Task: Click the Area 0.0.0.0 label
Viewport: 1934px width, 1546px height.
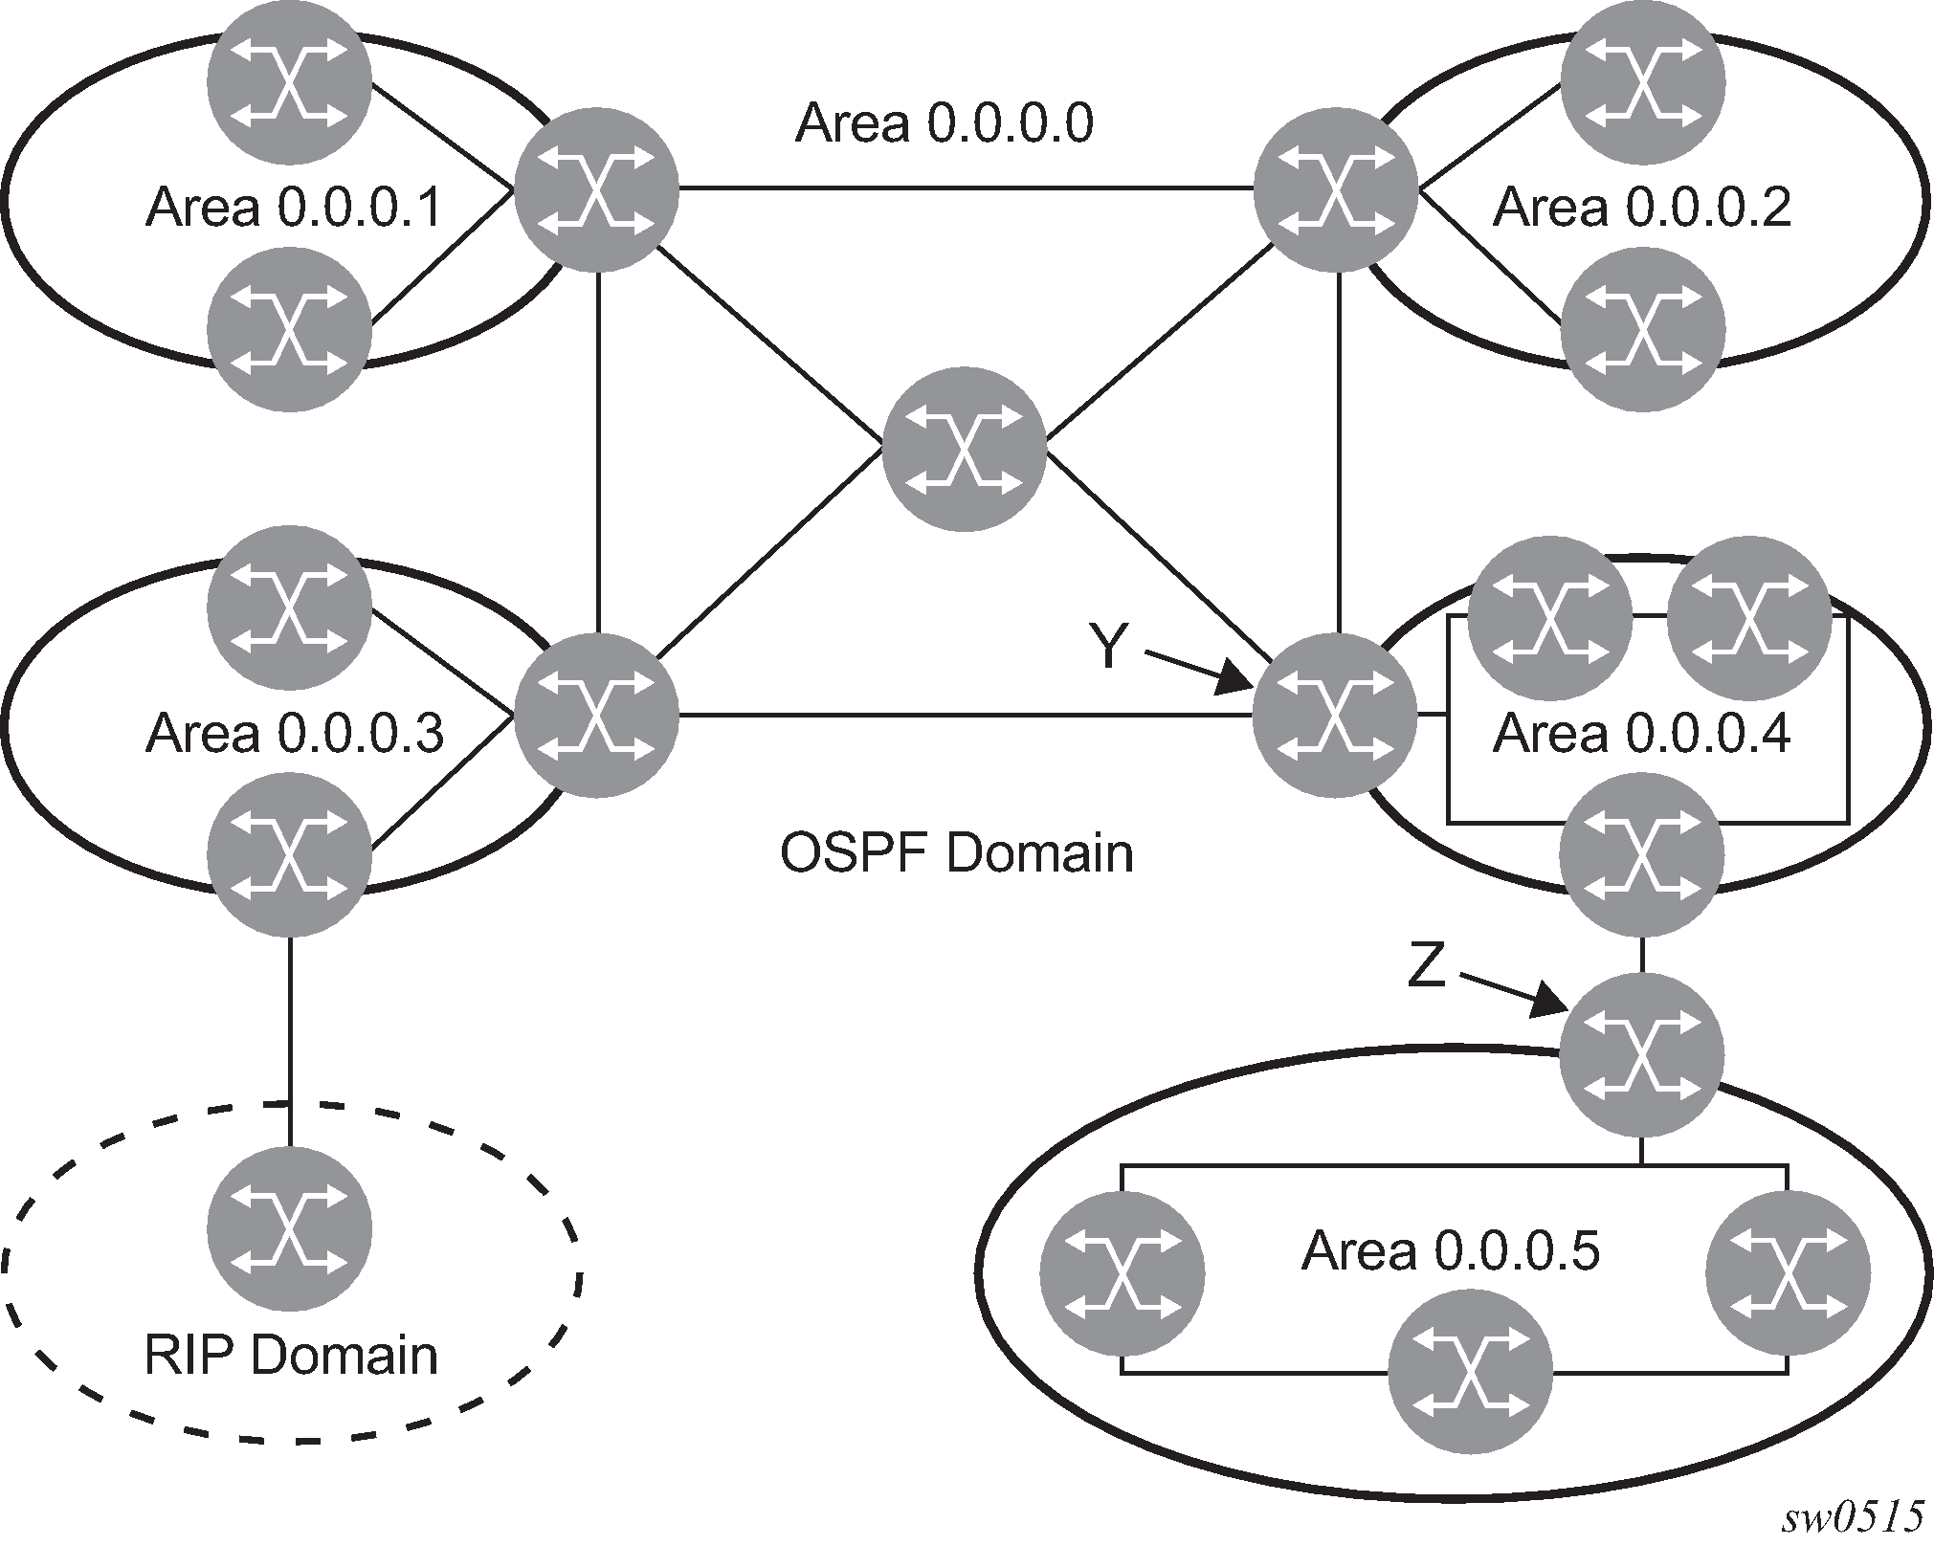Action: (x=944, y=123)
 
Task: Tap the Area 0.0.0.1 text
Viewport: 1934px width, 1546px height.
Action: (x=294, y=208)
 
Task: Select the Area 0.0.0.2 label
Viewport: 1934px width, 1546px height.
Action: (x=1641, y=208)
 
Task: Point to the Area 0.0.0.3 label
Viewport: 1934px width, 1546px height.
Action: (x=294, y=734)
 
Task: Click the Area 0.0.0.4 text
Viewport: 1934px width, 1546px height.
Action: (x=1641, y=734)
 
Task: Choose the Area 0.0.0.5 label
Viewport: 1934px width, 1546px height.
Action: (x=1450, y=1250)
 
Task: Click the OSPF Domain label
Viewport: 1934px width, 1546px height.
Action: (x=956, y=852)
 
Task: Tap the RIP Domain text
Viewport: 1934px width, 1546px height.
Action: (x=291, y=1356)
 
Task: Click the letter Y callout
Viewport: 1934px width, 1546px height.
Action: (x=1108, y=647)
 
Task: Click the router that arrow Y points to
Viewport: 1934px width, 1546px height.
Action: (x=1335, y=715)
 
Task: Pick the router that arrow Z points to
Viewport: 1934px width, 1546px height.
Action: (x=1641, y=1055)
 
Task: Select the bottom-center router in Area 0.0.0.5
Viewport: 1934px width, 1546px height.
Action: (x=1470, y=1373)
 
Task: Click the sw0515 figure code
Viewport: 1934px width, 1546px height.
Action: (x=1853, y=1518)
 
